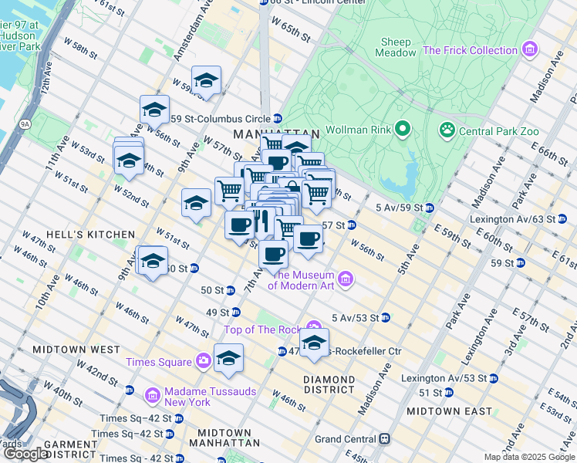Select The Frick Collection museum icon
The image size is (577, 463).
click(529, 51)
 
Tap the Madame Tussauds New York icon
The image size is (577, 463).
click(152, 396)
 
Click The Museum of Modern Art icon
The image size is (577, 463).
click(345, 278)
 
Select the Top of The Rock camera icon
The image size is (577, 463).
click(313, 329)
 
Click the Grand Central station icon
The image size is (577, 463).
click(383, 439)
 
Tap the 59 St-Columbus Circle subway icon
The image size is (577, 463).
click(277, 118)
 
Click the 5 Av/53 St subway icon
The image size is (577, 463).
click(385, 317)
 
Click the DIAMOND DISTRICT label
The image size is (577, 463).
click(329, 384)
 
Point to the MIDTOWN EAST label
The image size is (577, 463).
click(449, 411)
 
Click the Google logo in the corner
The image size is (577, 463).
click(26, 454)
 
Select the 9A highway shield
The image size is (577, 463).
click(25, 123)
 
